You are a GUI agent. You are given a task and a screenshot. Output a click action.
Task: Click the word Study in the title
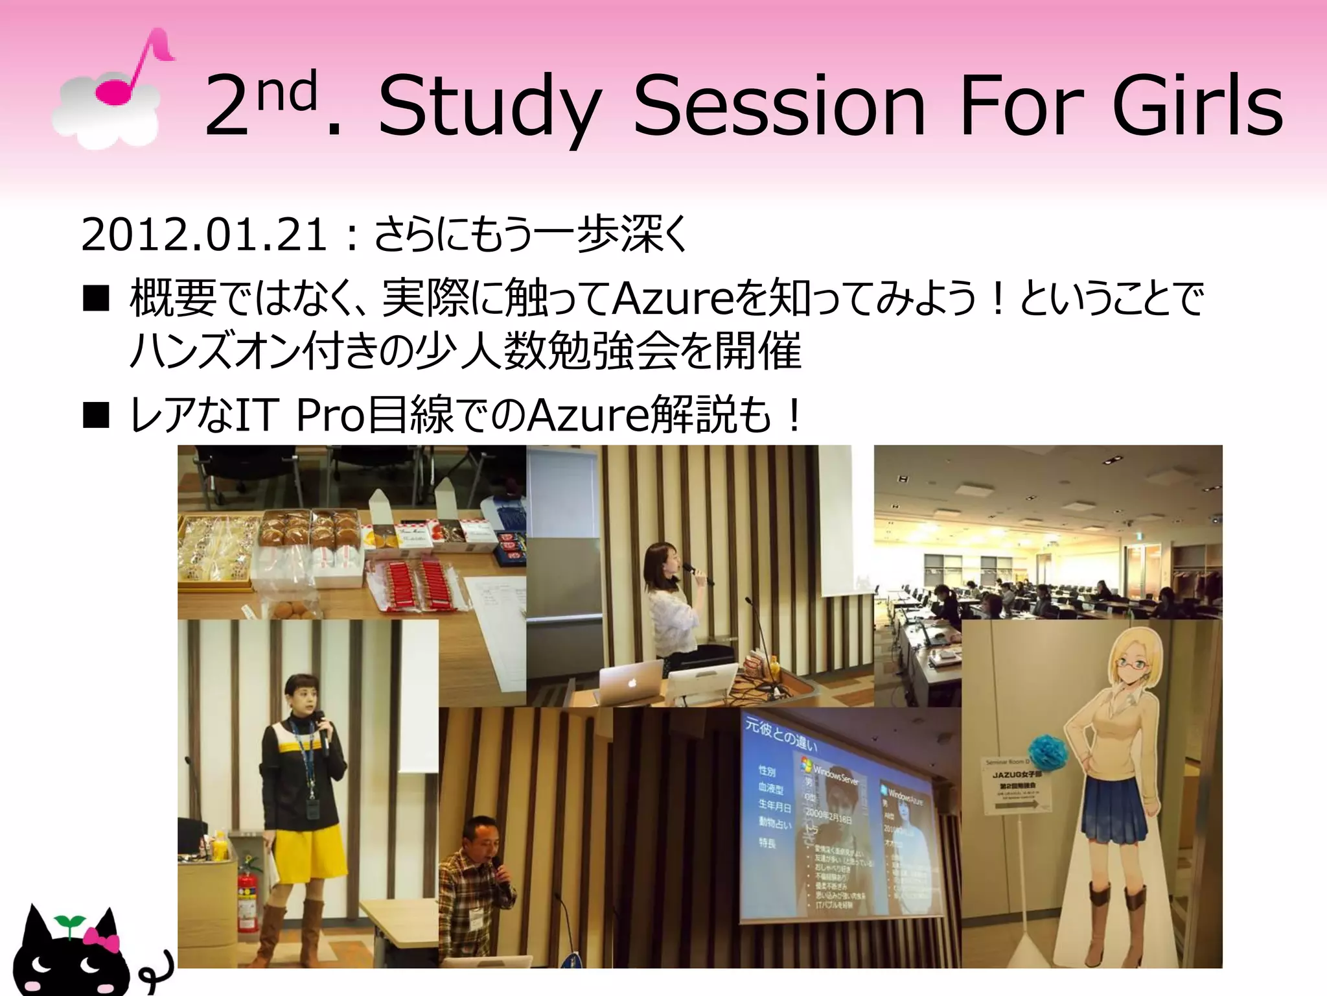click(x=489, y=107)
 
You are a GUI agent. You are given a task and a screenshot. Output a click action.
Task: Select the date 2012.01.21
click(x=204, y=235)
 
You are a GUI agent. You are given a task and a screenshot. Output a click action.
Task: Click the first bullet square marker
click(x=96, y=300)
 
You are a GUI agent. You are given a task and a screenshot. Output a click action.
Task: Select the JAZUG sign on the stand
click(x=1017, y=785)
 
